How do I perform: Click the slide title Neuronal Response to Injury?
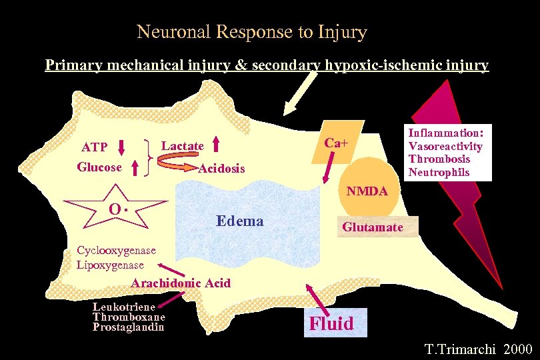pyautogui.click(x=251, y=31)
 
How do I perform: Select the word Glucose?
pyautogui.click(x=99, y=167)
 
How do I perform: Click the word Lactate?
pyautogui.click(x=183, y=146)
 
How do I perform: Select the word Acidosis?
pyautogui.click(x=222, y=169)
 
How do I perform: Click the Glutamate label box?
pyautogui.click(x=373, y=227)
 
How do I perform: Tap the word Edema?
pyautogui.click(x=239, y=221)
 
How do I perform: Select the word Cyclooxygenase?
pyautogui.click(x=116, y=251)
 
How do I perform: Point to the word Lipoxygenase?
pyautogui.click(x=110, y=264)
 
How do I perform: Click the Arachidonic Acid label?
pyautogui.click(x=181, y=283)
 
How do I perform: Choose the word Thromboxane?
pyautogui.click(x=128, y=317)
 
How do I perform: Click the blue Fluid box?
pyautogui.click(x=332, y=323)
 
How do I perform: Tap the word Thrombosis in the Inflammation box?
pyautogui.click(x=439, y=159)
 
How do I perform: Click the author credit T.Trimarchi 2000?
pyautogui.click(x=478, y=349)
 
